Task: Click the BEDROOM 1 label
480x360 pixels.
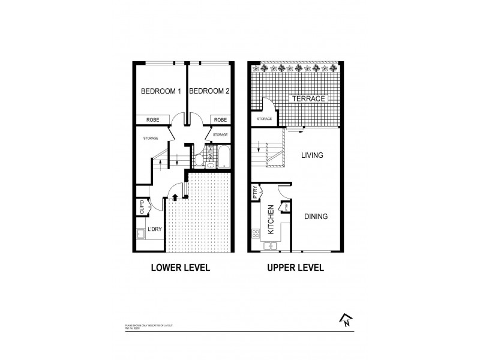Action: [160, 92]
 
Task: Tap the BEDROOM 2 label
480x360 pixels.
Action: [209, 92]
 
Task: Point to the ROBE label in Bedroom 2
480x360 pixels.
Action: [220, 119]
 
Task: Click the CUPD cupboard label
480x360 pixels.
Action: [142, 209]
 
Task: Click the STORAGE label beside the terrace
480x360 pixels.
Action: [264, 119]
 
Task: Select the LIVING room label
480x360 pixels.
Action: [311, 155]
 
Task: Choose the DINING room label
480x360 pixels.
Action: [315, 217]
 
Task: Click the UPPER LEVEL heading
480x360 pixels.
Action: [295, 268]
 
